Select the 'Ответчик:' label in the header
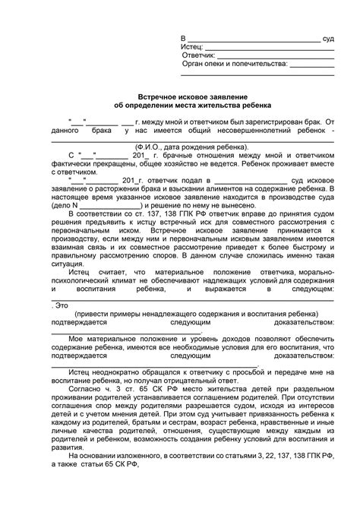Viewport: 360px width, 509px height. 199,55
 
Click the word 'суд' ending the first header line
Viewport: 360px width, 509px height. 327,37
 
